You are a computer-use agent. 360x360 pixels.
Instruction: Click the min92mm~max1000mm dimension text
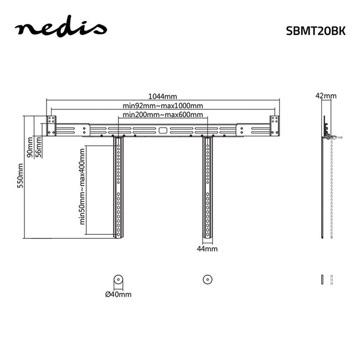(x=162, y=105)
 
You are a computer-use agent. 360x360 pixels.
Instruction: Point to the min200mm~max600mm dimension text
(x=162, y=115)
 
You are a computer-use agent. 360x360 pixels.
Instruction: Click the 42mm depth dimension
(x=325, y=96)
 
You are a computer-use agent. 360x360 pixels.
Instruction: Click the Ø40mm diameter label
(x=118, y=295)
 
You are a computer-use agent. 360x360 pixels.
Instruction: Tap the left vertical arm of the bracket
(x=118, y=188)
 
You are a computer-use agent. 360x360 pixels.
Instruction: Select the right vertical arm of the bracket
(x=208, y=188)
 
